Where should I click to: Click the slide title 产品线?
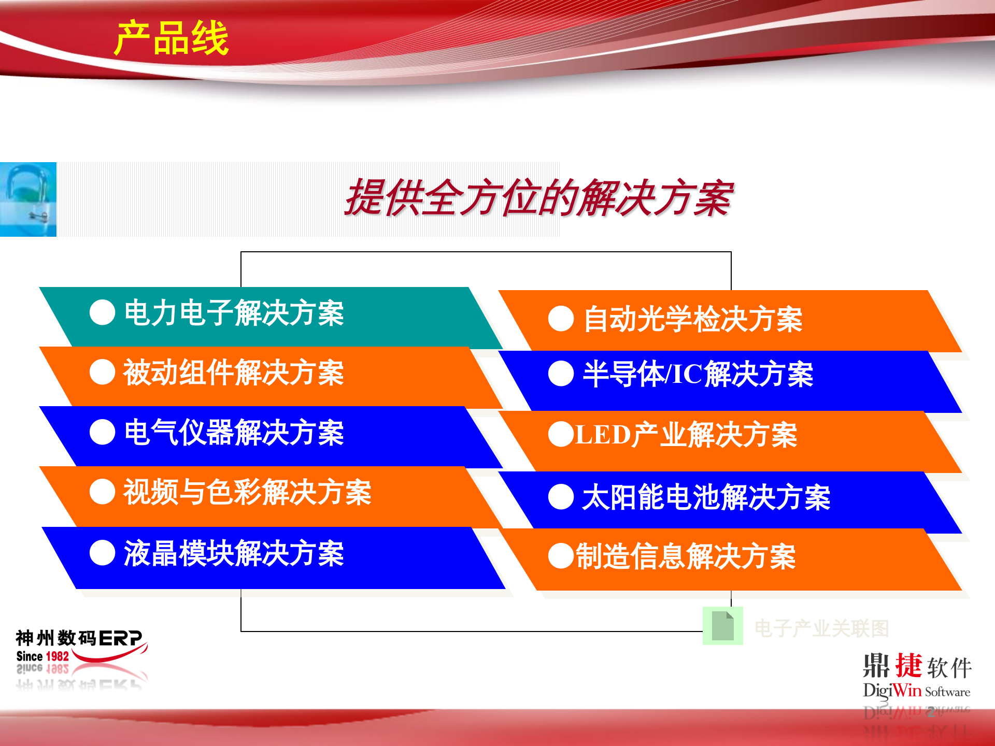(x=171, y=39)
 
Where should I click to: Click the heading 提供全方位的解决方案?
(x=539, y=198)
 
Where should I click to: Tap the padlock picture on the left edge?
(x=28, y=199)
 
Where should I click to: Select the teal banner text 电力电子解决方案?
(x=234, y=313)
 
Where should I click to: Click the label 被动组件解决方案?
(x=234, y=372)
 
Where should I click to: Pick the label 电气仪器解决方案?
(x=234, y=433)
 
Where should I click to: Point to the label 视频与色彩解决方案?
(x=247, y=492)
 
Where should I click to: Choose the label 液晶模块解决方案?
(x=234, y=553)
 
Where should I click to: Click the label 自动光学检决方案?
(x=693, y=319)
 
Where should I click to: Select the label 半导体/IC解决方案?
(x=698, y=374)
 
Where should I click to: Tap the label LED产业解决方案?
(x=686, y=435)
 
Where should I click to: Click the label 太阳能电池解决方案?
(x=706, y=497)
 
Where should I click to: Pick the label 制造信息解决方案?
(x=686, y=556)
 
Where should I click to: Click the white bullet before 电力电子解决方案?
(x=102, y=312)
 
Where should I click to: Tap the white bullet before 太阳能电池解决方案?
(x=561, y=497)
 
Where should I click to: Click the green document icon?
(x=722, y=626)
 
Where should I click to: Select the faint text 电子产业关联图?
(x=821, y=628)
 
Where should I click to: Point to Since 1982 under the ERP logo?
(x=42, y=656)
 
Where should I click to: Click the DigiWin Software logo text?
(x=916, y=691)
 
